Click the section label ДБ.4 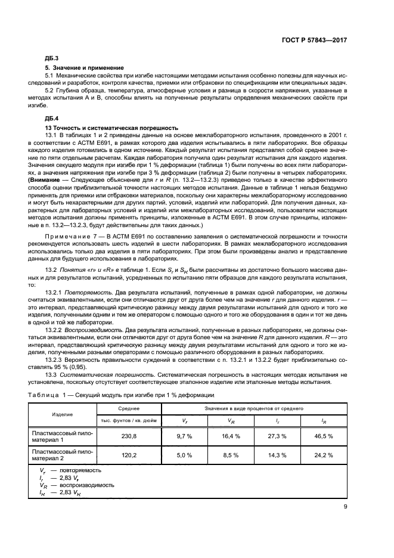click(x=52, y=119)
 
